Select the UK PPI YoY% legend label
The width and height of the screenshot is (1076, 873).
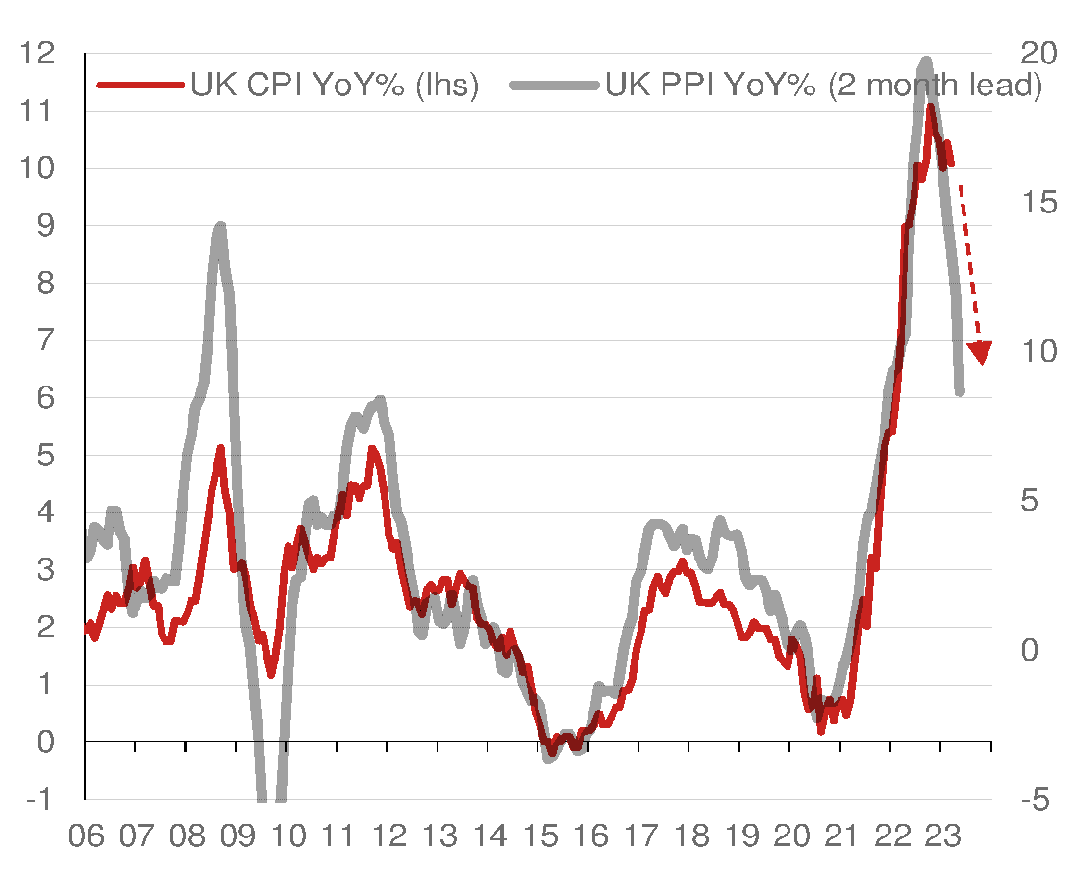[823, 85]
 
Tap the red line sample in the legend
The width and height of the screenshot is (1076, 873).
[140, 85]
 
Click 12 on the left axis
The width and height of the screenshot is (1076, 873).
[36, 54]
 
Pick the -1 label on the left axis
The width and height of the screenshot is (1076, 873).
[36, 800]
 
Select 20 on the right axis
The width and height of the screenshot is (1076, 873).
[1038, 54]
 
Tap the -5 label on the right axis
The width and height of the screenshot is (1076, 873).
[1034, 800]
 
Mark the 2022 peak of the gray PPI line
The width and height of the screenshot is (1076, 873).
[926, 62]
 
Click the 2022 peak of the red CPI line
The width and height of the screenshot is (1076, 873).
[930, 108]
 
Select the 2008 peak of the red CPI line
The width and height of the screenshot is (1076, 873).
[220, 448]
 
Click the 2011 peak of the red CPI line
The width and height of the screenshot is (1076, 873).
[371, 449]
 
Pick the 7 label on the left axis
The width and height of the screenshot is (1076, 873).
[36, 340]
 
